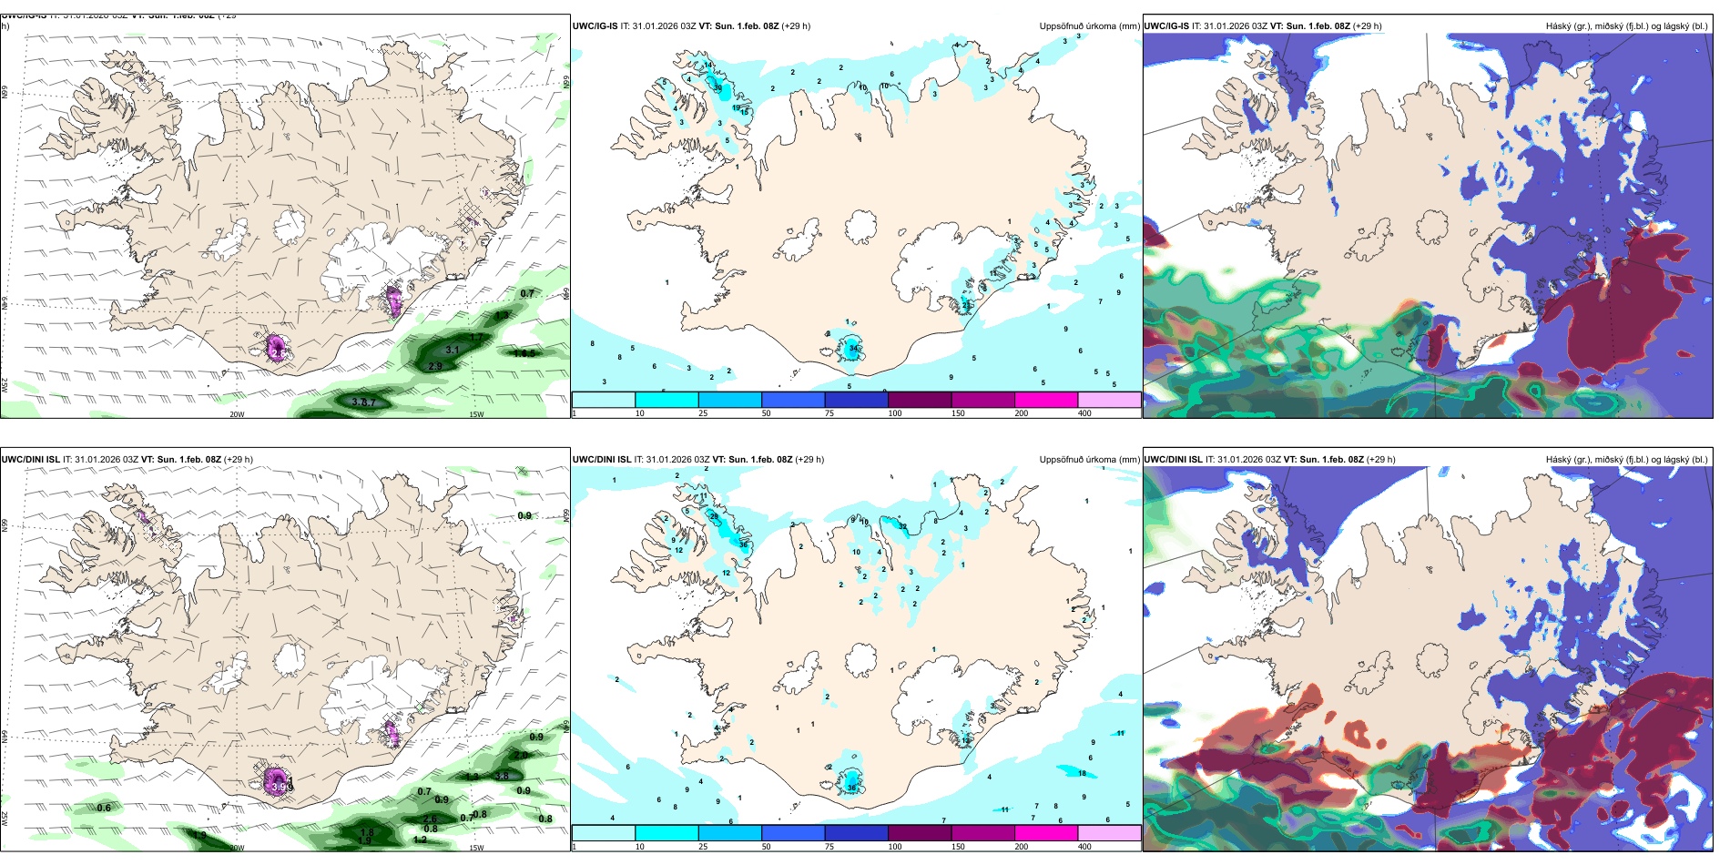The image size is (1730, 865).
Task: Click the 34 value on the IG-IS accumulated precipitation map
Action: (x=853, y=349)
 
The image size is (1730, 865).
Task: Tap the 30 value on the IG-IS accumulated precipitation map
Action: (x=717, y=88)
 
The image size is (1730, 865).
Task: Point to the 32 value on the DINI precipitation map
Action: (x=903, y=526)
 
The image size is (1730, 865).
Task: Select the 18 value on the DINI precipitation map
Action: (x=1082, y=773)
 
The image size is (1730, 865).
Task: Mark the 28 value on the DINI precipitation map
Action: (x=714, y=516)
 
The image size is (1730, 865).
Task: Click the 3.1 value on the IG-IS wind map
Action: (x=452, y=350)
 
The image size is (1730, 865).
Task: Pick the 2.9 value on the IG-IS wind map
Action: (x=435, y=366)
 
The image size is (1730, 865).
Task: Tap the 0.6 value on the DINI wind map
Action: (x=104, y=808)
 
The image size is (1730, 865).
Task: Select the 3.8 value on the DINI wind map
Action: (x=502, y=776)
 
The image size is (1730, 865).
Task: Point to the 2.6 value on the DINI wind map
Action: (x=430, y=819)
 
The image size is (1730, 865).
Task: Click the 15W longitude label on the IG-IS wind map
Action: (x=475, y=414)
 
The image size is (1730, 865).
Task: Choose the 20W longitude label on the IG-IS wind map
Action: (x=237, y=414)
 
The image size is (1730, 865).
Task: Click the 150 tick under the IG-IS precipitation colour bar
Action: (x=958, y=413)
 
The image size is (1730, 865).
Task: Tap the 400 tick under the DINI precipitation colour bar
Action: (x=1084, y=847)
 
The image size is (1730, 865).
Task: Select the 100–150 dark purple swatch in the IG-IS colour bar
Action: (x=920, y=400)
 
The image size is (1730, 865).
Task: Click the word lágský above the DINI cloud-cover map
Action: (x=1675, y=460)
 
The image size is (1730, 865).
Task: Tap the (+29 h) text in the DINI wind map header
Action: (x=239, y=460)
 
